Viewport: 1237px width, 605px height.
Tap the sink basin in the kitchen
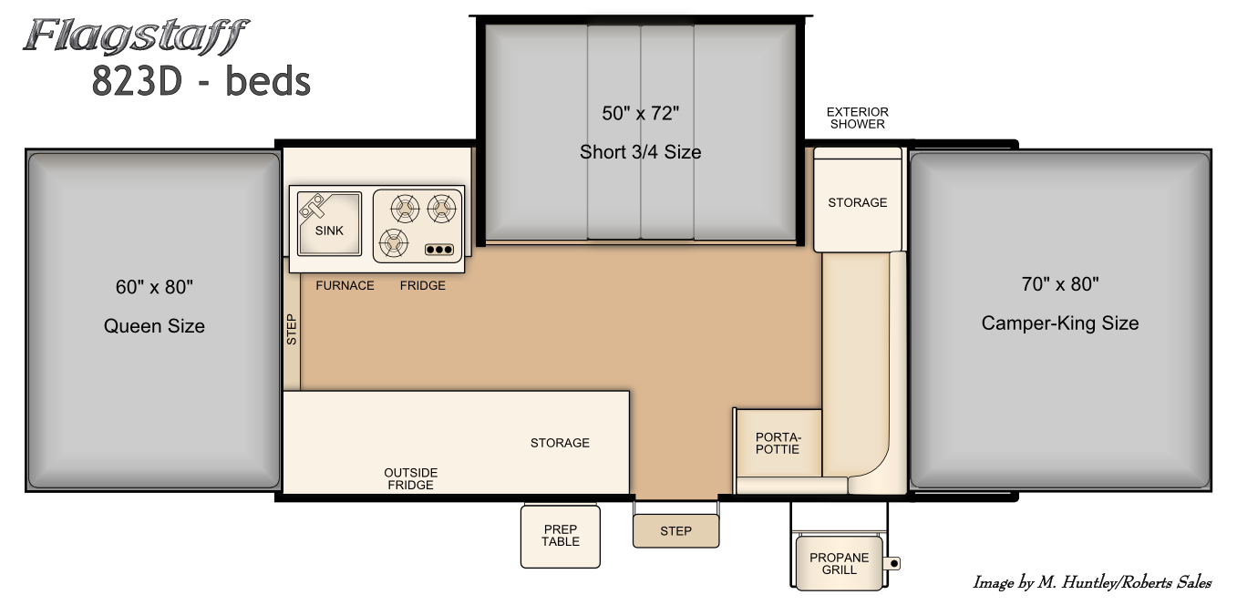click(329, 223)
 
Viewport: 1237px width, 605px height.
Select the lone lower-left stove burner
click(393, 243)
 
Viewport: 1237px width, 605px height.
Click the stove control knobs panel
click(439, 250)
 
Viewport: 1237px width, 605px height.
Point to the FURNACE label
click(345, 285)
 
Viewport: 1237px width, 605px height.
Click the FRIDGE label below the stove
click(422, 285)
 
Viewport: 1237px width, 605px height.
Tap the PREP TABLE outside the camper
click(560, 536)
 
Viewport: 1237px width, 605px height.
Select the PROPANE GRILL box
click(839, 563)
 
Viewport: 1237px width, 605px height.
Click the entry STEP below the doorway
click(676, 531)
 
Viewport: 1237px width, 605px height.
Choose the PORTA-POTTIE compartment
click(778, 443)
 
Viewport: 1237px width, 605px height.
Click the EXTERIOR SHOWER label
click(857, 118)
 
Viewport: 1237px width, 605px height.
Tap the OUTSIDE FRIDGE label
click(410, 478)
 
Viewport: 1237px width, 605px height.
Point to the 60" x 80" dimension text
click(154, 287)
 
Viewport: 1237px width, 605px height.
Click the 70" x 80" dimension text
click(1060, 284)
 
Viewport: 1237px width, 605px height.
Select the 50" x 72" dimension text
click(640, 113)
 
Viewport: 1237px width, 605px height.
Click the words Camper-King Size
click(1060, 323)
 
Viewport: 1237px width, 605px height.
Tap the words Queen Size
click(154, 325)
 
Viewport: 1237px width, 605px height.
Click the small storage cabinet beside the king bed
click(857, 200)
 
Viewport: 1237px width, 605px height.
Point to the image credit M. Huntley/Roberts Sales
click(1092, 582)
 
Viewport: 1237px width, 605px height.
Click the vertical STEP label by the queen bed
click(292, 330)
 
